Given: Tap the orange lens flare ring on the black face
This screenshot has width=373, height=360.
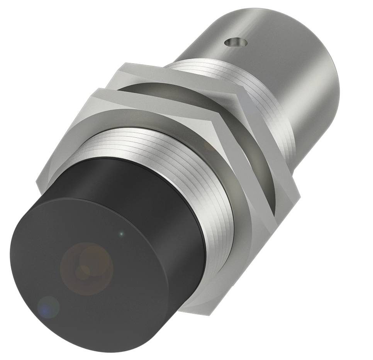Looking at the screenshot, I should pyautogui.click(x=87, y=266).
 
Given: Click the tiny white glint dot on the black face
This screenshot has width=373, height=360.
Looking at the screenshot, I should pyautogui.click(x=122, y=233).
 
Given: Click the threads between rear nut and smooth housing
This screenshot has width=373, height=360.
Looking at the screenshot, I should pyautogui.click(x=266, y=116).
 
